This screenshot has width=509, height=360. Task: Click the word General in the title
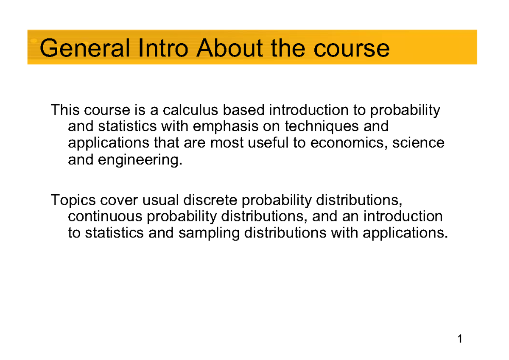[85, 48]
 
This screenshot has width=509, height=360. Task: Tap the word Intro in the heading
[163, 48]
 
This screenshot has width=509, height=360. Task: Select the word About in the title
[230, 48]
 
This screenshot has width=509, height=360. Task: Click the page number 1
[460, 339]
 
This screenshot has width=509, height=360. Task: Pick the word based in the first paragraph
[243, 110]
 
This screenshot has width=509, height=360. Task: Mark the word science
[418, 143]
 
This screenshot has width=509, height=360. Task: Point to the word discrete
[210, 200]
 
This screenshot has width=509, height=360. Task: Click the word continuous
[105, 216]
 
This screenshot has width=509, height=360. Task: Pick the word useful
[268, 143]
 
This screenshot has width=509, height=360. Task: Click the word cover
[119, 200]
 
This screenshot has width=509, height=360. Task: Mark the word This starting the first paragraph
[65, 110]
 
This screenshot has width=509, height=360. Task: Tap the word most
[227, 143]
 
